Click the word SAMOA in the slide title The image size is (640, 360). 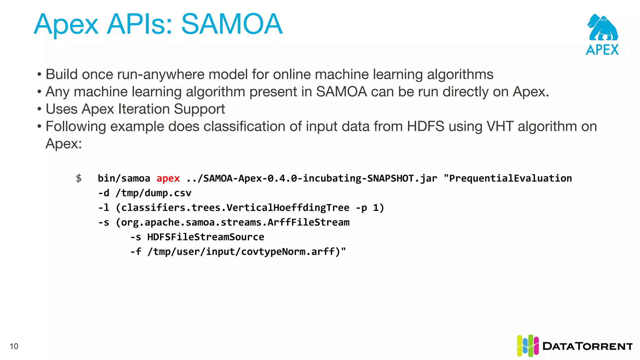[x=232, y=24]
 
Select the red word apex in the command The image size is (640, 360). [x=168, y=178]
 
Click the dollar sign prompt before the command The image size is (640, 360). [x=79, y=178]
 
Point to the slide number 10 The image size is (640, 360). [x=14, y=346]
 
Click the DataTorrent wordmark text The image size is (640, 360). [x=587, y=346]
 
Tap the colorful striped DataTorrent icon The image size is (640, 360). [x=527, y=346]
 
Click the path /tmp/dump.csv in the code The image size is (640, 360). [x=153, y=193]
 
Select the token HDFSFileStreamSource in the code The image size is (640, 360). [x=206, y=237]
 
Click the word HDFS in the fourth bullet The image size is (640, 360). [x=425, y=127]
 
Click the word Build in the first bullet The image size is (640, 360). [x=62, y=74]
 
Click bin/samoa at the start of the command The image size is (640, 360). [x=124, y=178]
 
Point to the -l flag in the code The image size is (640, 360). [x=103, y=207]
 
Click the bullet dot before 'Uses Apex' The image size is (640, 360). [x=39, y=109]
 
